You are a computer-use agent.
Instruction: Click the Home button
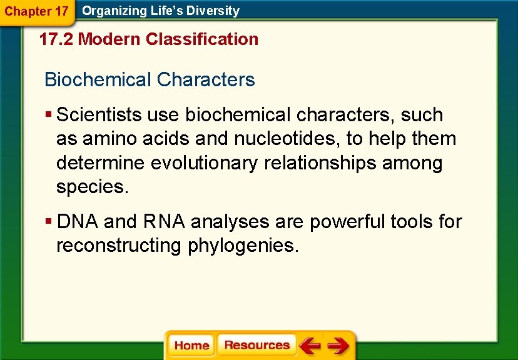point(191,345)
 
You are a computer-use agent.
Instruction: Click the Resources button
point(256,345)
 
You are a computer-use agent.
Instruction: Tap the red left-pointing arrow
point(309,345)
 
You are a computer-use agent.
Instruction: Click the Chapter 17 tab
point(37,11)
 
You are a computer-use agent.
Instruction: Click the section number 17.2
point(56,39)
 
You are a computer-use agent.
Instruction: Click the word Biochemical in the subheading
point(98,80)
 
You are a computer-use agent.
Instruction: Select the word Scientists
point(99,115)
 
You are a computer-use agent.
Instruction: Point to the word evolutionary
point(205,163)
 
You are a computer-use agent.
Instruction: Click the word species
point(92,187)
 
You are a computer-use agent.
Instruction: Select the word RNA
point(164,222)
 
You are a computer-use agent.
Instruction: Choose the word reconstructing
point(119,246)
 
